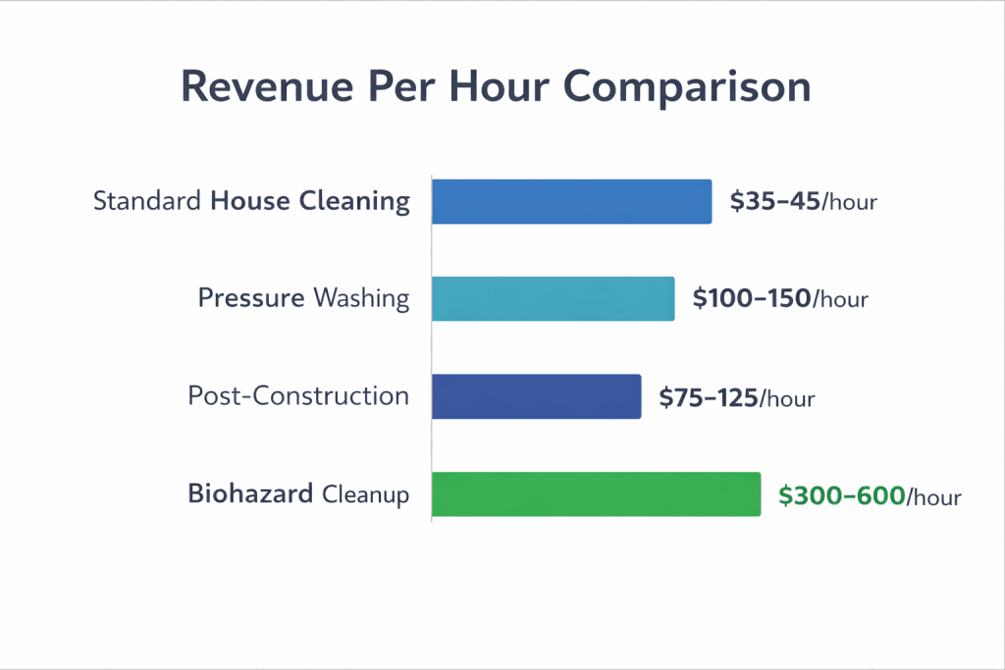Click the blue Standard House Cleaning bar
[571, 201]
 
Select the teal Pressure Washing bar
[553, 298]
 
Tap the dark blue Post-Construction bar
[536, 396]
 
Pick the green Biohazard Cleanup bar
[596, 493]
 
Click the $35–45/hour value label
[803, 202]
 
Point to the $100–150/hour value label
[780, 298]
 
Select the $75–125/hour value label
[736, 397]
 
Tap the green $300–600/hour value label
[869, 495]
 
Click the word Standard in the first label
[148, 201]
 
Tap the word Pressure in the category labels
[251, 297]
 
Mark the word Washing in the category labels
[361, 297]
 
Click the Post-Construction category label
[298, 395]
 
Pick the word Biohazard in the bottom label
[250, 493]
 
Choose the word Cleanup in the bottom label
[365, 494]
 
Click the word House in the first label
[250, 201]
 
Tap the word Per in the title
[397, 87]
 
